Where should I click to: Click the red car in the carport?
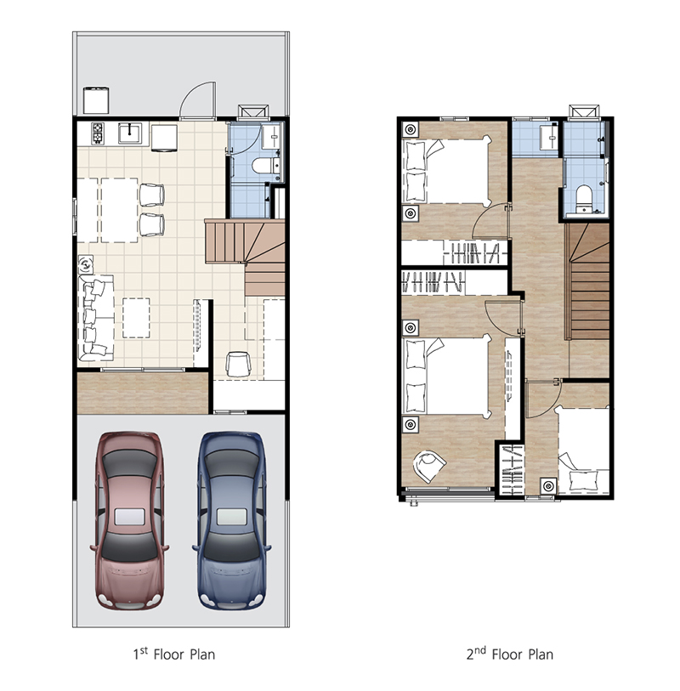(129, 520)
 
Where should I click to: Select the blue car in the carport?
(232, 520)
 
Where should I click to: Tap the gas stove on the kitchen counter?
(98, 133)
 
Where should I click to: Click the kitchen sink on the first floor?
(130, 133)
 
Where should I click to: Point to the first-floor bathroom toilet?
(265, 166)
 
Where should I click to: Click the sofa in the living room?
(96, 318)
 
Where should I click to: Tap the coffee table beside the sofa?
(136, 318)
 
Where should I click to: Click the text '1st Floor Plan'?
(174, 654)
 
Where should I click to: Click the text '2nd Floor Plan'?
(510, 654)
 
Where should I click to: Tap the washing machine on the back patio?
(96, 100)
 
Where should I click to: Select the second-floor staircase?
(588, 281)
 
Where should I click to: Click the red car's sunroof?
(129, 517)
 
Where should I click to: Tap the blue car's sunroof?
(232, 517)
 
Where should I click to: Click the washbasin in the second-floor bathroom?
(550, 137)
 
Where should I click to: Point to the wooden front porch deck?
(143, 393)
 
